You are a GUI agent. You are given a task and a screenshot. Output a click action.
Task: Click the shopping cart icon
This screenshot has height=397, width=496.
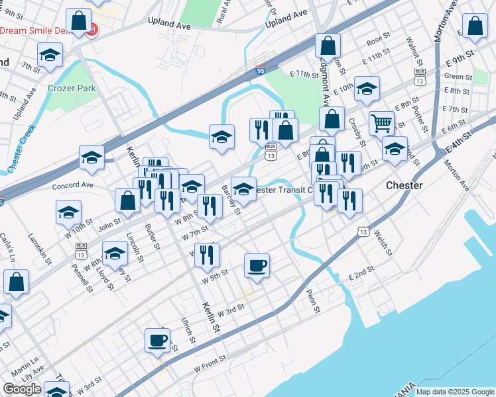point(381,122)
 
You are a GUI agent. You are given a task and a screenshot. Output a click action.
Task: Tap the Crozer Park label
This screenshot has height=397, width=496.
point(72,88)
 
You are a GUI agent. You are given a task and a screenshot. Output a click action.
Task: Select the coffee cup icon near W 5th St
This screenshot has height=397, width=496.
point(257,265)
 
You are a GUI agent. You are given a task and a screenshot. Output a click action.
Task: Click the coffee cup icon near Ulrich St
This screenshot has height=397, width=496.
point(157,339)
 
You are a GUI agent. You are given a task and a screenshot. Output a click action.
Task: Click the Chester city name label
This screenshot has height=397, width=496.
point(404,185)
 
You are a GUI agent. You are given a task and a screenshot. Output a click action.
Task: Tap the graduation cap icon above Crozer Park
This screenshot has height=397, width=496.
point(50,56)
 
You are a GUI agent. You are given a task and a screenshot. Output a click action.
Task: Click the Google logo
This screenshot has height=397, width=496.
point(22,389)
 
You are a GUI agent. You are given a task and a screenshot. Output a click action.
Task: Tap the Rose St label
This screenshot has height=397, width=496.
point(377,41)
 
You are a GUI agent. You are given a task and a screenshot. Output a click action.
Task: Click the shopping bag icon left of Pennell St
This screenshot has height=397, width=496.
point(17,282)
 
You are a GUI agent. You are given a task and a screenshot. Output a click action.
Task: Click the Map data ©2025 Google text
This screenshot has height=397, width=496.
point(455,392)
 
